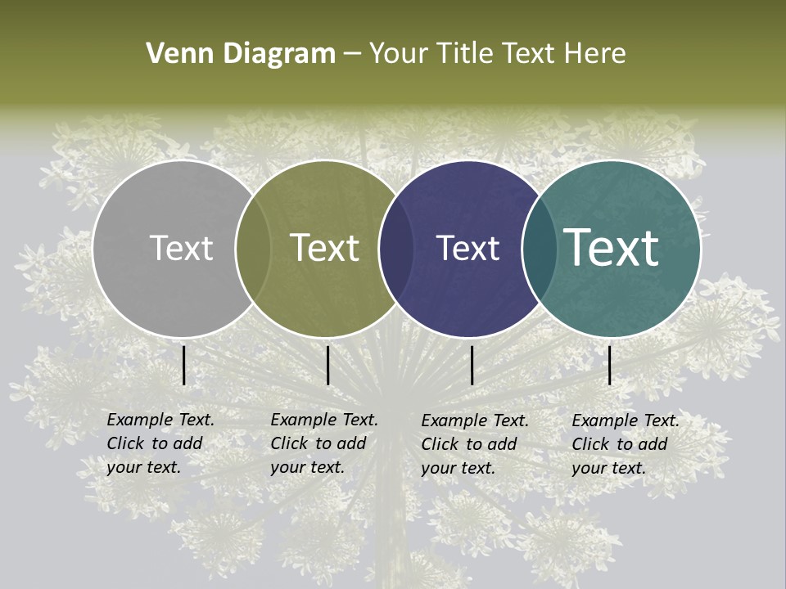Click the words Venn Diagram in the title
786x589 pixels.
[241, 54]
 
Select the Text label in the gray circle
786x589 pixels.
[181, 249]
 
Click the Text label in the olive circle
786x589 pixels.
[325, 248]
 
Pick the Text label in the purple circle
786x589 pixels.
[468, 249]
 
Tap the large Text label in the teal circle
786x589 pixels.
[612, 248]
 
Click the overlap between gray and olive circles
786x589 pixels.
[253, 249]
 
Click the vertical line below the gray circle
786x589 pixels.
[184, 365]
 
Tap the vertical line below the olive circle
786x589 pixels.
[327, 365]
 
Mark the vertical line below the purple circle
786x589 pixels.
[472, 365]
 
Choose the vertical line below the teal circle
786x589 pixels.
[609, 365]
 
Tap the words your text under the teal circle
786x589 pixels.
[608, 468]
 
